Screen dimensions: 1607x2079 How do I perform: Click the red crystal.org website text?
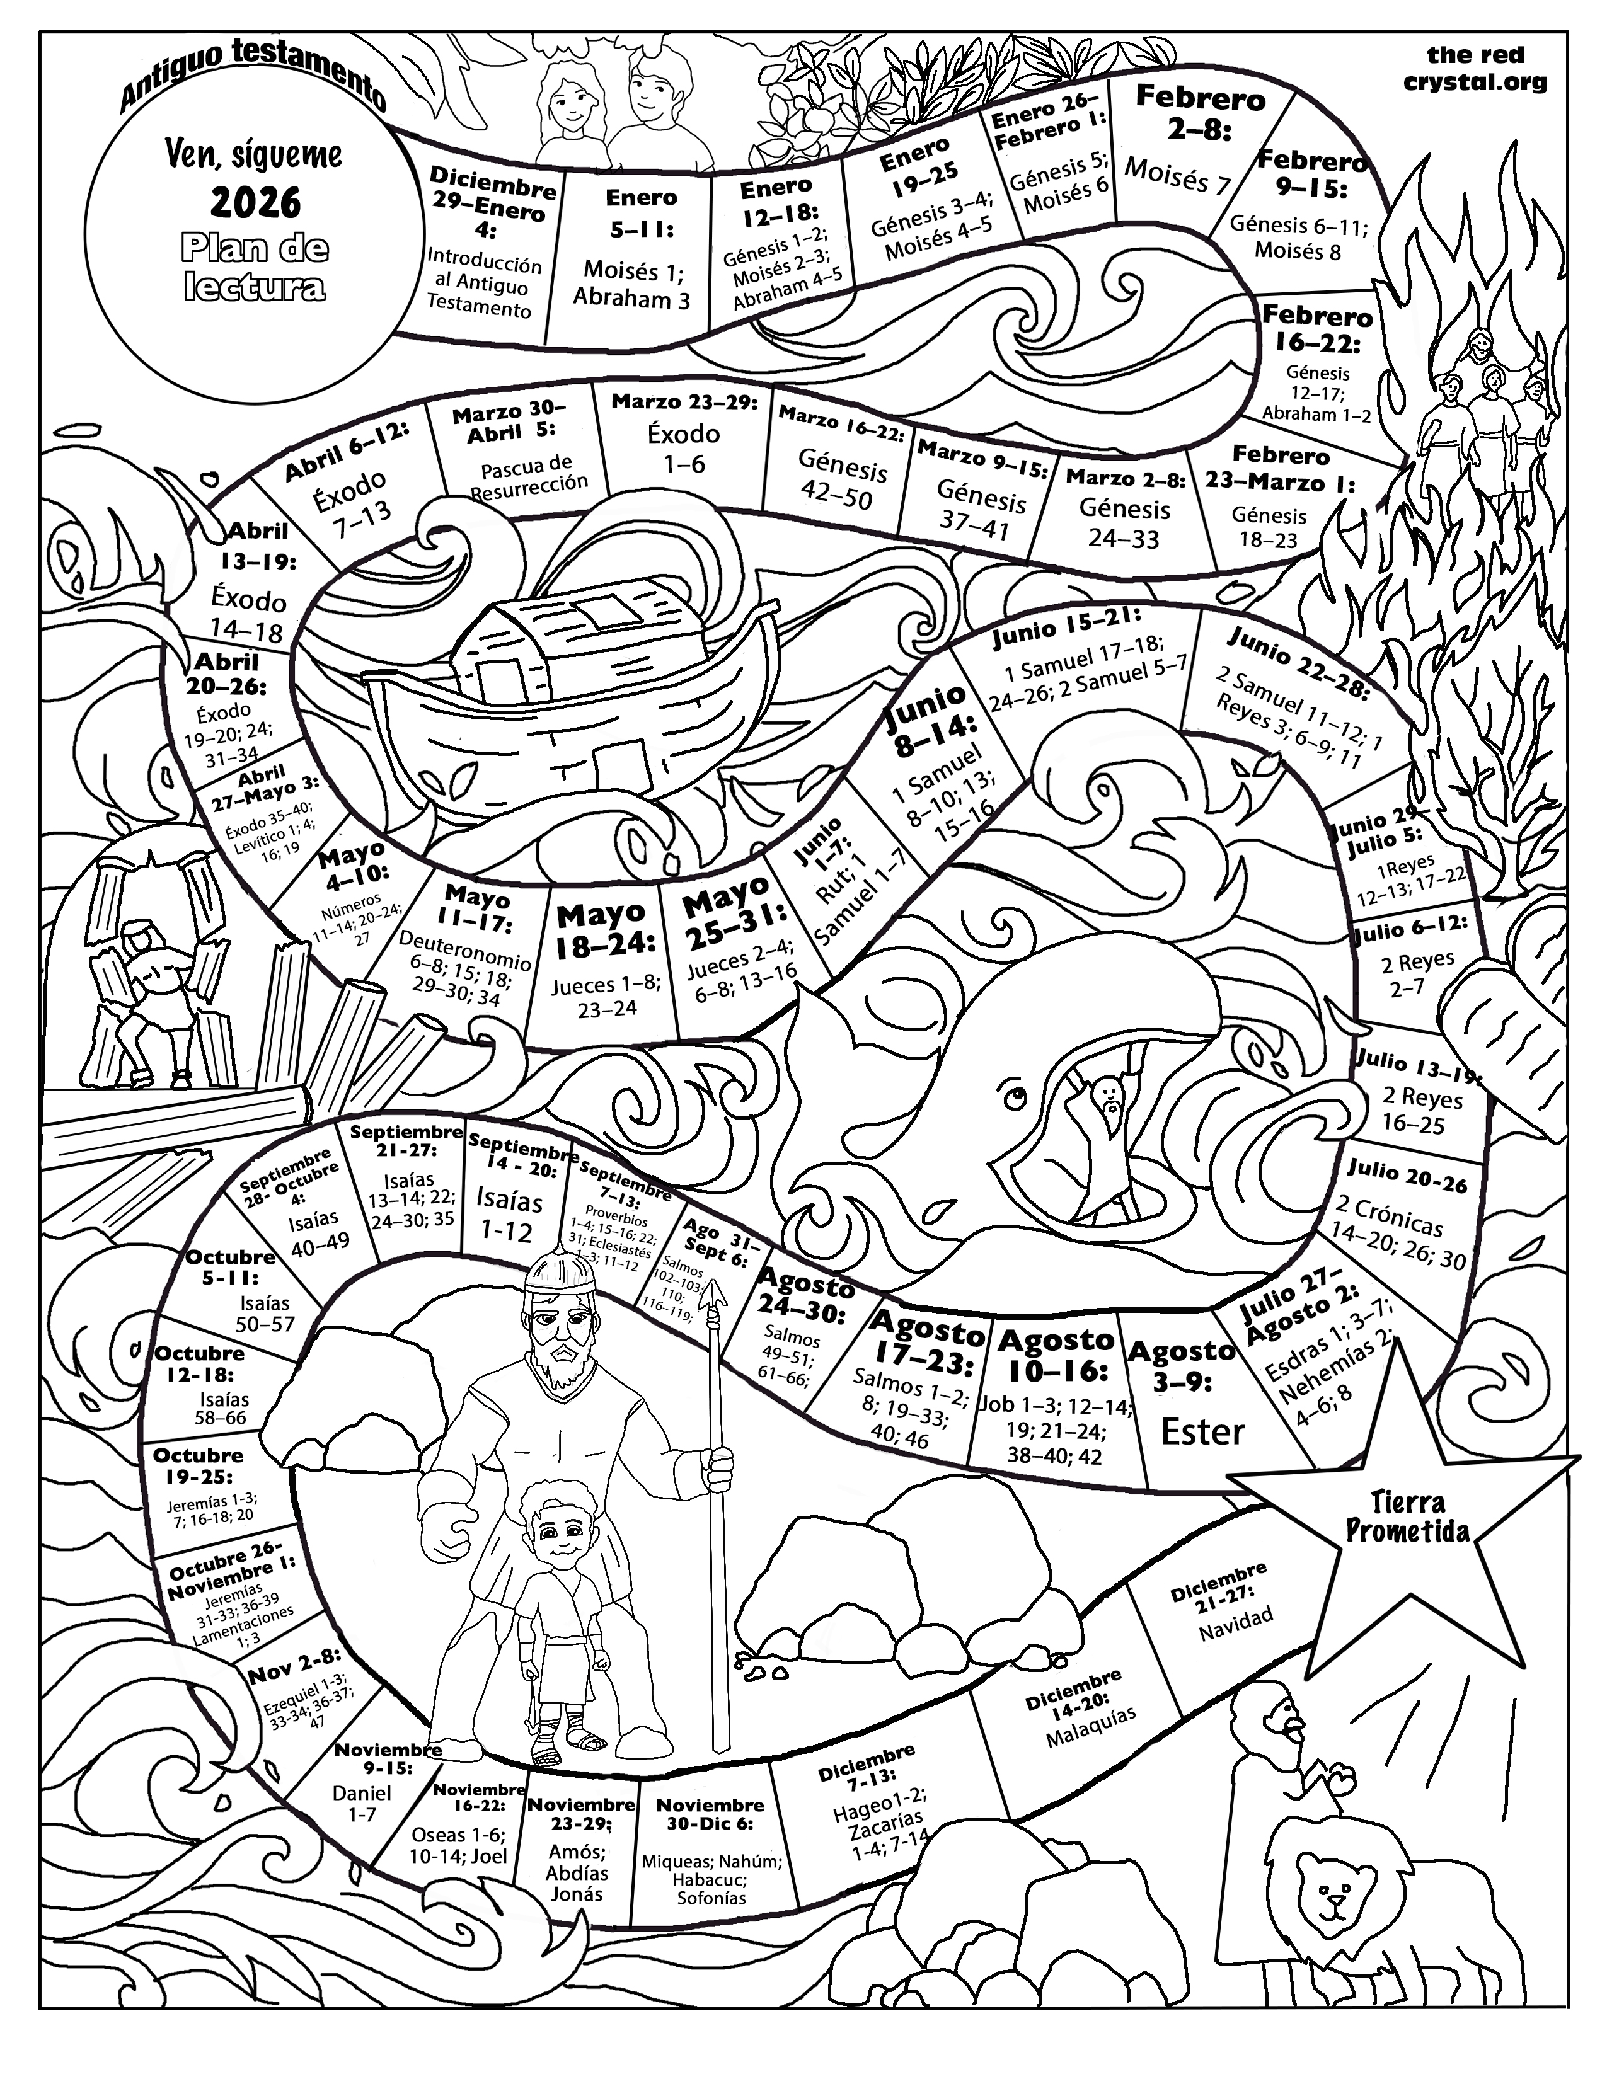click(x=1475, y=69)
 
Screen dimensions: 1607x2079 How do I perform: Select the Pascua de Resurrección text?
click(x=529, y=476)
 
